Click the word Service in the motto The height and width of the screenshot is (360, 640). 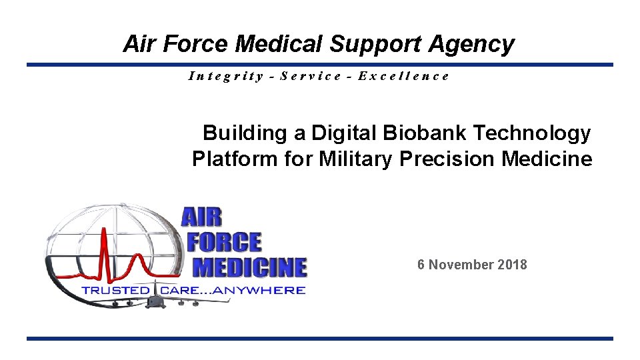pyautogui.click(x=311, y=75)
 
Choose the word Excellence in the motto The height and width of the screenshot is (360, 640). pyautogui.click(x=403, y=75)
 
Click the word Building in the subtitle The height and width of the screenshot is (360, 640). pyautogui.click(x=244, y=133)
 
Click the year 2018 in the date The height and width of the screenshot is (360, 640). pyautogui.click(x=512, y=265)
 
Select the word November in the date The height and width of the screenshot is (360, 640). pyautogui.click(x=463, y=265)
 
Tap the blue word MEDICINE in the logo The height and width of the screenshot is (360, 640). pyautogui.click(x=249, y=267)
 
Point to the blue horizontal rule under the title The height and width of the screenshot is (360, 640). pyautogui.click(x=320, y=65)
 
